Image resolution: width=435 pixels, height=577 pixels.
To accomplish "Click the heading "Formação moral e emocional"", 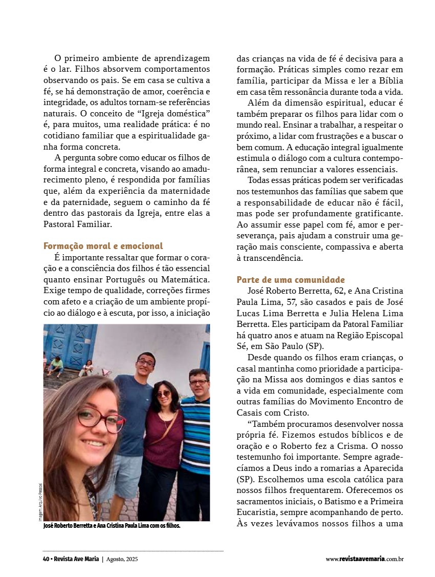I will [x=103, y=246].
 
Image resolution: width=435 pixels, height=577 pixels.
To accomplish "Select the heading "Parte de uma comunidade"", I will [x=291, y=280].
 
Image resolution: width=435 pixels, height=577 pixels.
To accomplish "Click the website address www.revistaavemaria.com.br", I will [x=364, y=559].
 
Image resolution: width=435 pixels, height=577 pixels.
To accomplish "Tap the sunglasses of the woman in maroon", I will [x=163, y=394].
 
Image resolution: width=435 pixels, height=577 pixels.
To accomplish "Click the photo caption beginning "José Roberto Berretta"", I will [x=112, y=526].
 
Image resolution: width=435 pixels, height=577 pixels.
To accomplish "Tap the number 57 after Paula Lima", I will [x=295, y=302].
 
